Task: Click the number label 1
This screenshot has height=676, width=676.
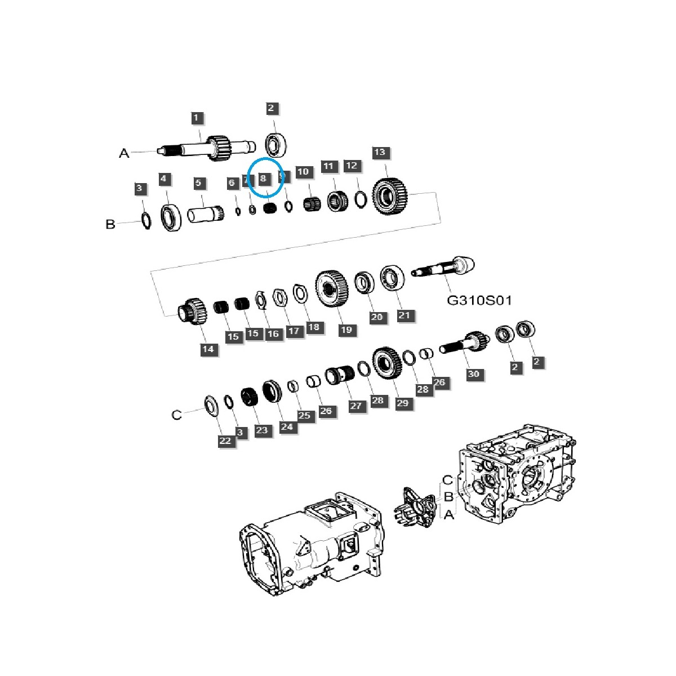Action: click(x=196, y=118)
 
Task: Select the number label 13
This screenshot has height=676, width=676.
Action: click(x=380, y=153)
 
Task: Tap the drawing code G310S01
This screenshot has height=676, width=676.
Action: click(x=479, y=300)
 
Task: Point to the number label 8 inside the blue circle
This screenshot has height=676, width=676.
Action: click(x=263, y=179)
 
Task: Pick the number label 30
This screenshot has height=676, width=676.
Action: click(x=474, y=374)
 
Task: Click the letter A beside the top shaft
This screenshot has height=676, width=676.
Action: click(x=124, y=153)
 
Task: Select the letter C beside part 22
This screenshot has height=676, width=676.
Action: click(x=176, y=415)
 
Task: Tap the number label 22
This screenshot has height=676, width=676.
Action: click(x=225, y=441)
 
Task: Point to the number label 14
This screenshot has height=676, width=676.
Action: click(x=208, y=349)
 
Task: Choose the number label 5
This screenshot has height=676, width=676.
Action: click(x=198, y=183)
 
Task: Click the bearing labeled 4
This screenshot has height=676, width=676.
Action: click(x=171, y=217)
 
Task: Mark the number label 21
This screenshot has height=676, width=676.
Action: click(x=404, y=315)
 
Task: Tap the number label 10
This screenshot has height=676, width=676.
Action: click(x=303, y=171)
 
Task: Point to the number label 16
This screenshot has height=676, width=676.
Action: click(x=273, y=333)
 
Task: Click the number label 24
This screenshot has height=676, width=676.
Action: click(x=287, y=426)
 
